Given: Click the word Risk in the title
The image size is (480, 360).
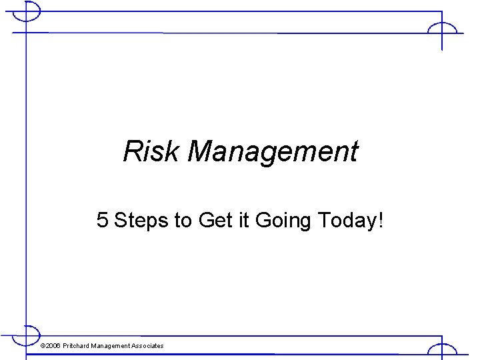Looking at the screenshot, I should pyautogui.click(x=151, y=151).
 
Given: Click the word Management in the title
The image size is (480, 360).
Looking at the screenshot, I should pyautogui.click(x=273, y=153).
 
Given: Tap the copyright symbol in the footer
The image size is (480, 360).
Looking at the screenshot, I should pyautogui.click(x=43, y=346).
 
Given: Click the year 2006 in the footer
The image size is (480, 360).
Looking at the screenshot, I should pyautogui.click(x=53, y=346).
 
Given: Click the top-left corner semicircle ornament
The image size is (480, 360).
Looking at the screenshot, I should pyautogui.click(x=30, y=11).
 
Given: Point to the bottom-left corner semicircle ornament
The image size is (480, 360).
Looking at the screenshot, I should pyautogui.click(x=30, y=333).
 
